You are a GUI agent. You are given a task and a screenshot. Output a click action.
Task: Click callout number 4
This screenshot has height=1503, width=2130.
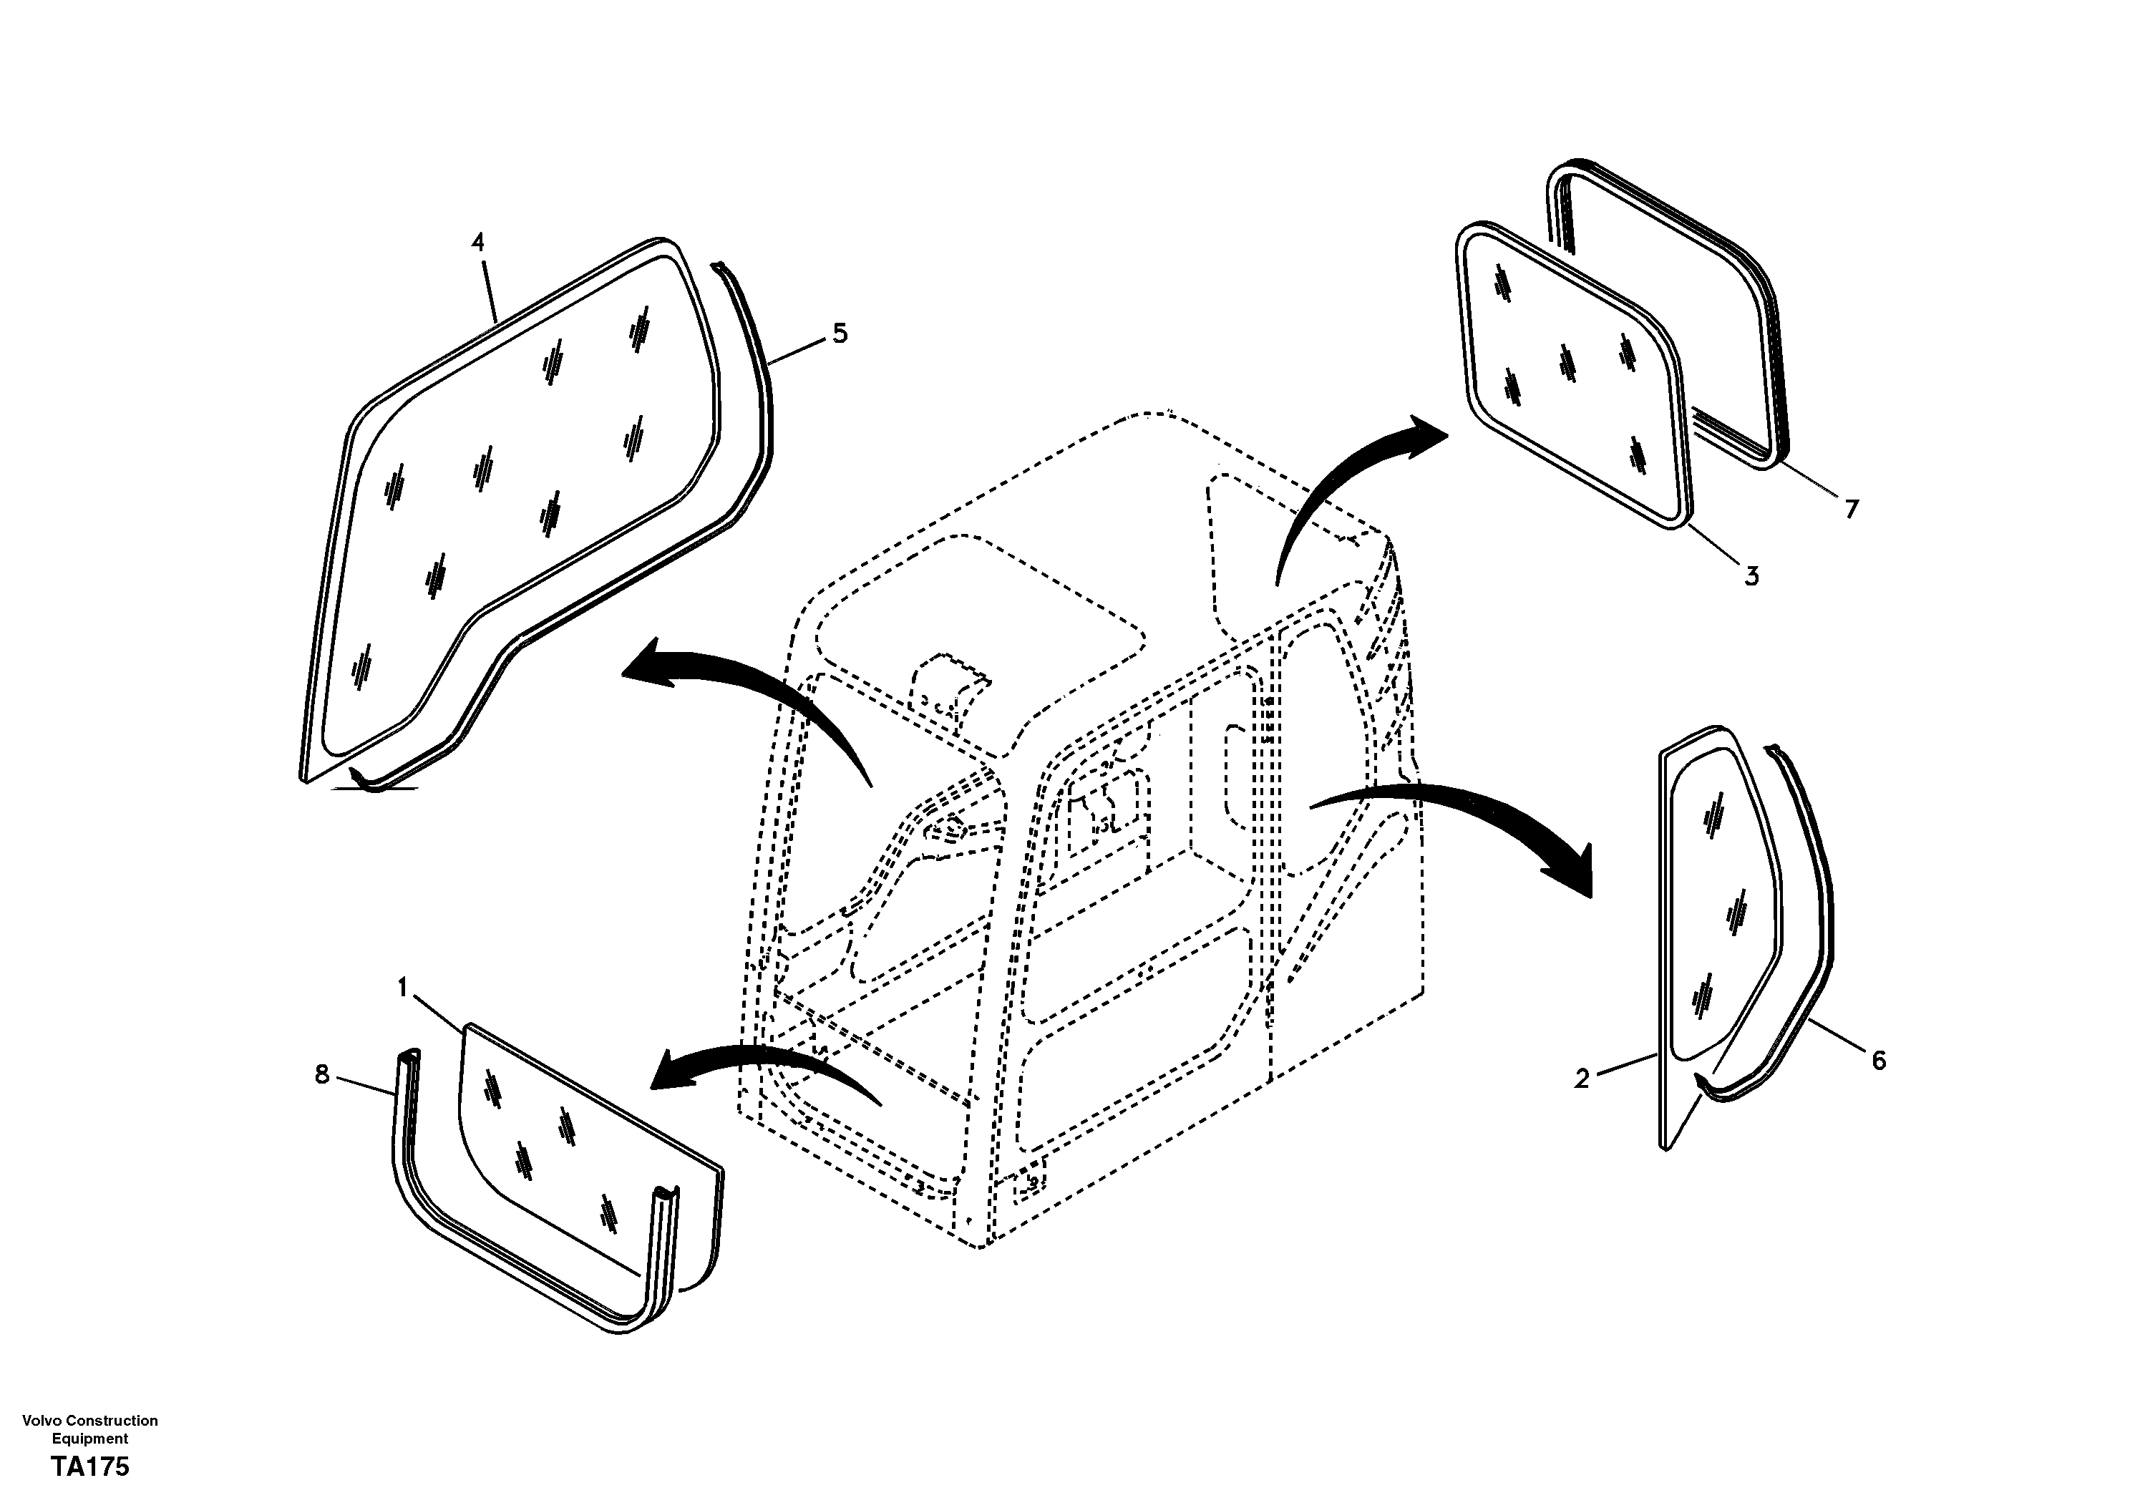coord(478,243)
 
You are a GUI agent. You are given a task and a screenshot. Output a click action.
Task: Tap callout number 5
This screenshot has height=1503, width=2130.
coord(840,333)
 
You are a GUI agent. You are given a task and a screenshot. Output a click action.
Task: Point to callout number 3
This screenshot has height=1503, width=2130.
coord(1751,576)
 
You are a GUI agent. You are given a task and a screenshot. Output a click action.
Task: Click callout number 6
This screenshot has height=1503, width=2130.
coord(1879,1061)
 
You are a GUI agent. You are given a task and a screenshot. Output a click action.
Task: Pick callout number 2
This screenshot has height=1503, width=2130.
coord(1582,1078)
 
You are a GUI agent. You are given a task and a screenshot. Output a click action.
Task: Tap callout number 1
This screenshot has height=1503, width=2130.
coord(403,988)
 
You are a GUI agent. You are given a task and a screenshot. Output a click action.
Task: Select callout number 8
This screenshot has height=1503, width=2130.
coord(322,1075)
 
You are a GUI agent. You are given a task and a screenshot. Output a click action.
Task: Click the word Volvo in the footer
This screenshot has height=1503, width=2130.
coord(40,1421)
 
